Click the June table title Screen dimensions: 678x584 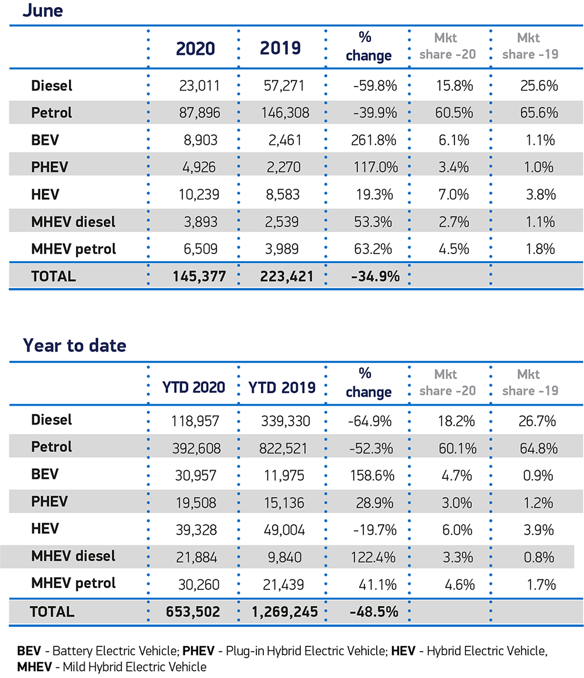click(42, 11)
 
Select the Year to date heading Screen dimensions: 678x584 click(74, 345)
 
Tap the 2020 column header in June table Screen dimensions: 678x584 click(196, 48)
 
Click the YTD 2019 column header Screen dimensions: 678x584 click(282, 387)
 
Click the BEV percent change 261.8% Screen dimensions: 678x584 click(376, 140)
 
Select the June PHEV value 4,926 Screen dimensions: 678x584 click(201, 167)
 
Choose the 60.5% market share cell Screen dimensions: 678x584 click(454, 113)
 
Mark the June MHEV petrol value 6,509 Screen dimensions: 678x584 click(201, 249)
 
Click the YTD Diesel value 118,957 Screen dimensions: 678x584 click(196, 420)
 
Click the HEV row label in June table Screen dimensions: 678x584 click(44, 194)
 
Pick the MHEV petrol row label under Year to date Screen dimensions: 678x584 click(73, 583)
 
